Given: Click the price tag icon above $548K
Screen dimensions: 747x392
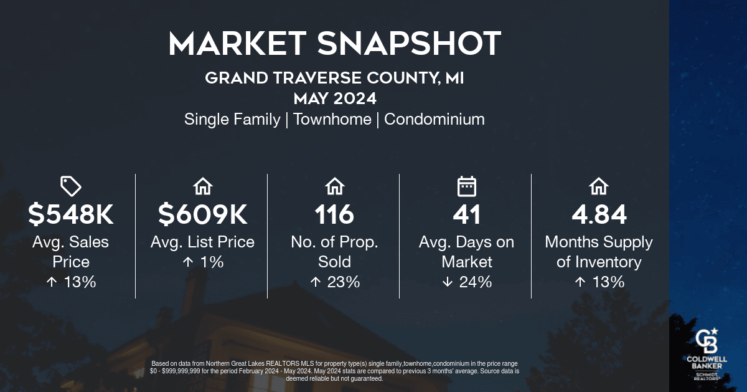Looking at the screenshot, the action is [x=71, y=186].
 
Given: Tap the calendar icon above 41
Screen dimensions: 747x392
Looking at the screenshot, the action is [x=466, y=186].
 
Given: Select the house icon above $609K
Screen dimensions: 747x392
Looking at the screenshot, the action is [x=203, y=186].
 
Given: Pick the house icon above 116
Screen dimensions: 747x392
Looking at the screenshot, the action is [x=335, y=186].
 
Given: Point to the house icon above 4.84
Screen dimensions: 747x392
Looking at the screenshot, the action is [x=599, y=186].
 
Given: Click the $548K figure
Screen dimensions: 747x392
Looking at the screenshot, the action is [x=71, y=214].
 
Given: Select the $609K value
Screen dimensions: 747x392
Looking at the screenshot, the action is [x=203, y=214].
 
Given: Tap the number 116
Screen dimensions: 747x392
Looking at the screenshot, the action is [x=334, y=214].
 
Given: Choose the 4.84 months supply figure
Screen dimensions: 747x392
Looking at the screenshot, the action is [x=599, y=214].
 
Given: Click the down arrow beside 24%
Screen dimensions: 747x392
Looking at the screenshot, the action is [x=448, y=282].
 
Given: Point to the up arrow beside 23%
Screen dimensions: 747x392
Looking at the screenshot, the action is [x=316, y=282].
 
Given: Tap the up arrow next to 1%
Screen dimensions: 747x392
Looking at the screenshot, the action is [x=188, y=262].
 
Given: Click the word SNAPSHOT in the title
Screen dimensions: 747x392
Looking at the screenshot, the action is [x=409, y=44].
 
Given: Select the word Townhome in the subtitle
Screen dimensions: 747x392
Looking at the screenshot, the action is [x=332, y=119].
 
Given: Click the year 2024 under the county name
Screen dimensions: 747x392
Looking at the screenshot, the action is [x=355, y=98].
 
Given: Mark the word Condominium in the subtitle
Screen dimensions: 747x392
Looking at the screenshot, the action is [x=435, y=119].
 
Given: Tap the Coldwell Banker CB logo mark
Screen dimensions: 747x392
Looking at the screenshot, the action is [x=707, y=340].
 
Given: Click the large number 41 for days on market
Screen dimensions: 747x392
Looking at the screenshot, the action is [x=466, y=214].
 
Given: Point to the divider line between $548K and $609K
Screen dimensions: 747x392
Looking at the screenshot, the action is [x=136, y=236].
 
